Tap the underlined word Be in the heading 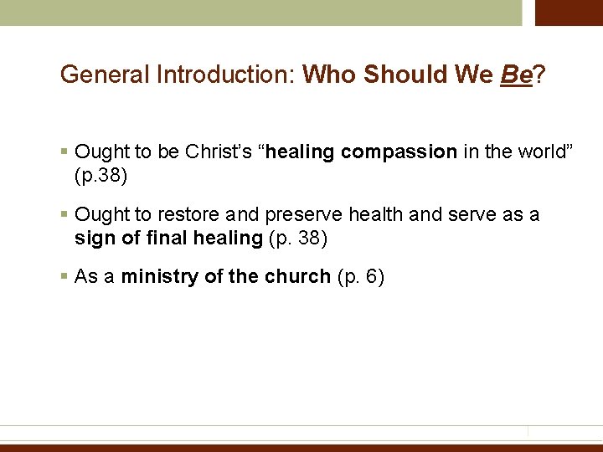tap(516, 75)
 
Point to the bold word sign tap(92, 238)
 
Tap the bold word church tap(296, 277)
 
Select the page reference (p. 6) tap(359, 277)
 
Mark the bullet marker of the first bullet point tap(64, 152)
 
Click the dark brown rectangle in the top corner tap(569, 13)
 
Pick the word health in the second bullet tap(377, 215)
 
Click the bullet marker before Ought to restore tap(64, 215)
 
